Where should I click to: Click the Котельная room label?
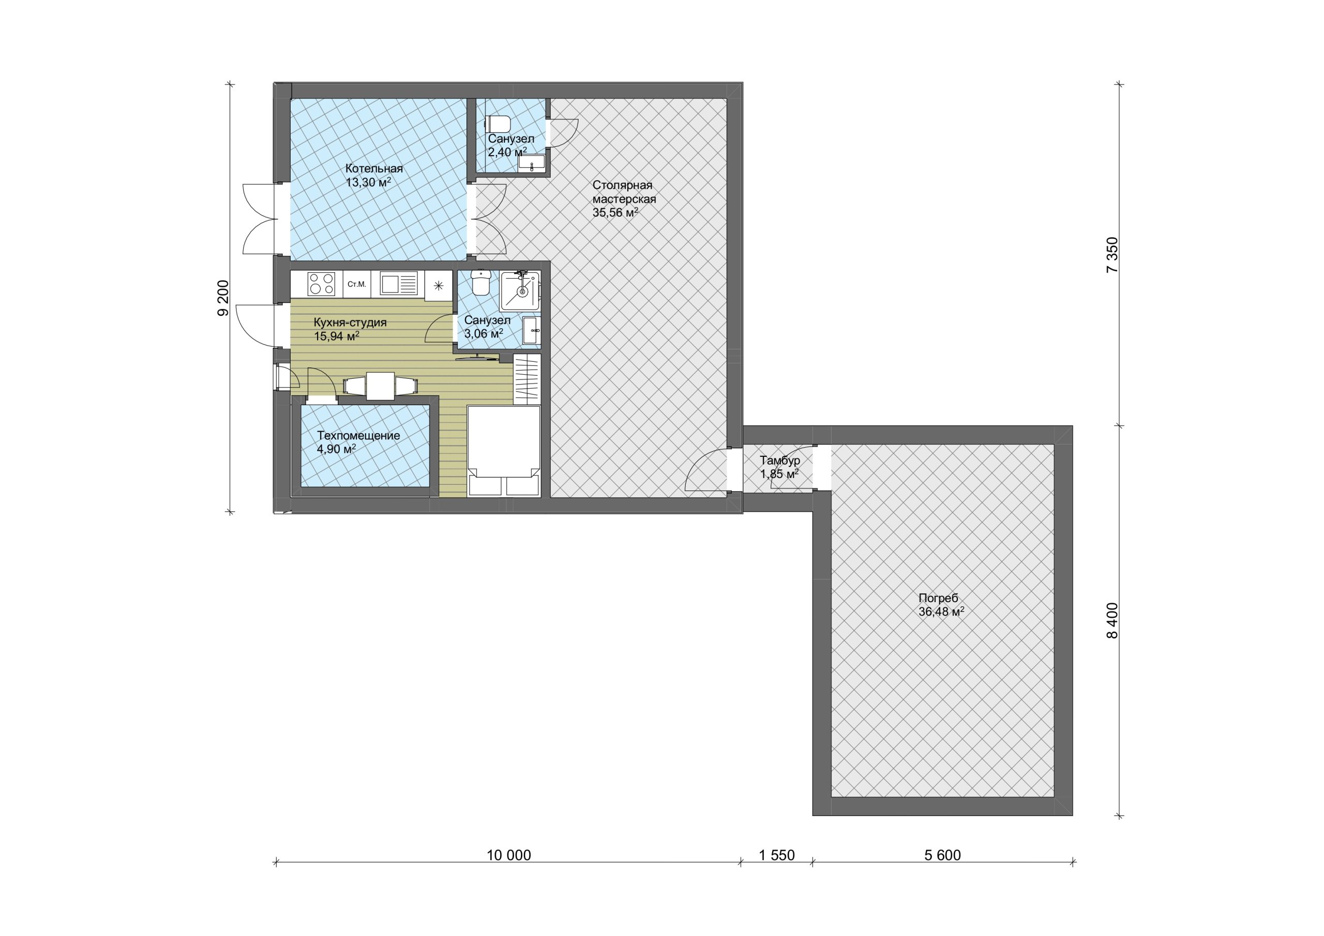pyautogui.click(x=374, y=169)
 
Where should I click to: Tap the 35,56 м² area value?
pyautogui.click(x=615, y=212)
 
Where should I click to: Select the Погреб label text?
pyautogui.click(x=938, y=599)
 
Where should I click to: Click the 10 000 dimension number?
pyautogui.click(x=508, y=855)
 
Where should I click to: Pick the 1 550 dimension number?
pyautogui.click(x=777, y=855)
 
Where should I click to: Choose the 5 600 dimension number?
pyautogui.click(x=943, y=855)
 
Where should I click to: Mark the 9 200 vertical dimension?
pyautogui.click(x=223, y=298)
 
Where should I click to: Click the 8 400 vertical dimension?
pyautogui.click(x=1112, y=621)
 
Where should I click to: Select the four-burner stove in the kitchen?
pyautogui.click(x=321, y=284)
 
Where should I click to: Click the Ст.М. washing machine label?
pyautogui.click(x=357, y=284)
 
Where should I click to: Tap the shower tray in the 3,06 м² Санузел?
pyautogui.click(x=520, y=291)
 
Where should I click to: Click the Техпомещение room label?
pyautogui.click(x=358, y=436)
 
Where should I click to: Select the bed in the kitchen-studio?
pyautogui.click(x=503, y=451)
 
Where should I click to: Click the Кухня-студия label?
pyautogui.click(x=350, y=322)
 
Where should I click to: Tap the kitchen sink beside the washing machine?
pyautogui.click(x=399, y=284)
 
